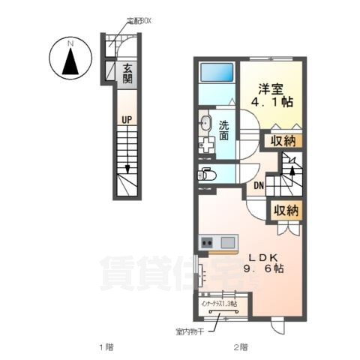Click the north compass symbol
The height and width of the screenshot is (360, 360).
(70, 61)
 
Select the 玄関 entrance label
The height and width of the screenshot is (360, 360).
(127, 73)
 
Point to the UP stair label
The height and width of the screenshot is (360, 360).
(127, 118)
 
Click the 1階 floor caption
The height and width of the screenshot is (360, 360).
(106, 346)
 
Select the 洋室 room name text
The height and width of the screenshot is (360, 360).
(271, 87)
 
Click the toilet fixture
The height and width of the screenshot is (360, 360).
(207, 175)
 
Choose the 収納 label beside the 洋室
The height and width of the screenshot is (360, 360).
(283, 140)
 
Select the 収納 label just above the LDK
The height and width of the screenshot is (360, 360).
(285, 210)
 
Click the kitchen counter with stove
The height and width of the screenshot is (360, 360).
(217, 243)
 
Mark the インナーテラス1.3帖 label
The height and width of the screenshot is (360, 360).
(217, 303)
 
